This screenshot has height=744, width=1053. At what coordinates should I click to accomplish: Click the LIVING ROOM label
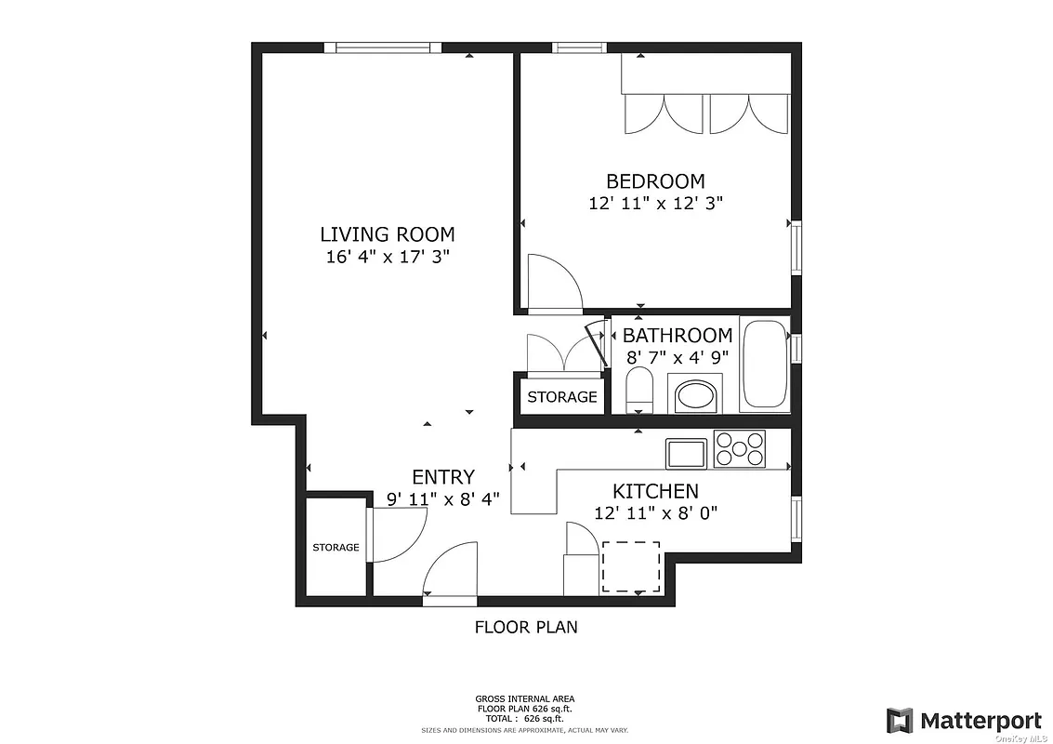[x=388, y=234]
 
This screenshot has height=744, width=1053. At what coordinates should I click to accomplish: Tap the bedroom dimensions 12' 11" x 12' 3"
[x=655, y=204]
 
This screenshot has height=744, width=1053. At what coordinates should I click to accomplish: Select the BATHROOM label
[x=678, y=335]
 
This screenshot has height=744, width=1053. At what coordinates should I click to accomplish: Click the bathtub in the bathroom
[x=764, y=365]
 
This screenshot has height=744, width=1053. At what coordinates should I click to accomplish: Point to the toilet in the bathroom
[x=639, y=389]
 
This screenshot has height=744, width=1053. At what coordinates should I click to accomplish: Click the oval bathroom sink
[x=696, y=394]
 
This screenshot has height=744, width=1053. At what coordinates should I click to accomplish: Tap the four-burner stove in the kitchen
[x=739, y=449]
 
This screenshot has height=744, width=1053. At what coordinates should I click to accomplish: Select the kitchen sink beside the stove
[x=686, y=453]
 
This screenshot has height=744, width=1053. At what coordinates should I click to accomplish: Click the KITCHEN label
[x=655, y=491]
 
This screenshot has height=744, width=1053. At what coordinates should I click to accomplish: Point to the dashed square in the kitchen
[x=632, y=566]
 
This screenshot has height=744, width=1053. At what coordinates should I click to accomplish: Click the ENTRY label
[x=443, y=477]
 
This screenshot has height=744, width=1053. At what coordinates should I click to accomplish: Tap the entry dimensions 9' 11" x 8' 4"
[x=443, y=499]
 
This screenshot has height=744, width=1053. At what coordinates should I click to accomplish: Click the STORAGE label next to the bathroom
[x=562, y=397]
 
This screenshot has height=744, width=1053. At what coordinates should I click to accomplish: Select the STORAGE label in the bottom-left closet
[x=336, y=547]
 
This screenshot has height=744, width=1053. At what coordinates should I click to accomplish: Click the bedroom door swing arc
[x=554, y=280]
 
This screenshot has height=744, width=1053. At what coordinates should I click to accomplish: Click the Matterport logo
[x=963, y=720]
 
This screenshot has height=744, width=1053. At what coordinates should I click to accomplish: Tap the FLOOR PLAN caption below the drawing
[x=526, y=627]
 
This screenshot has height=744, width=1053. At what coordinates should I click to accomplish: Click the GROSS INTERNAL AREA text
[x=526, y=698]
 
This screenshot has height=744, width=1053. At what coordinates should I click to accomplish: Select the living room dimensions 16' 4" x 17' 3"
[x=388, y=258]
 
